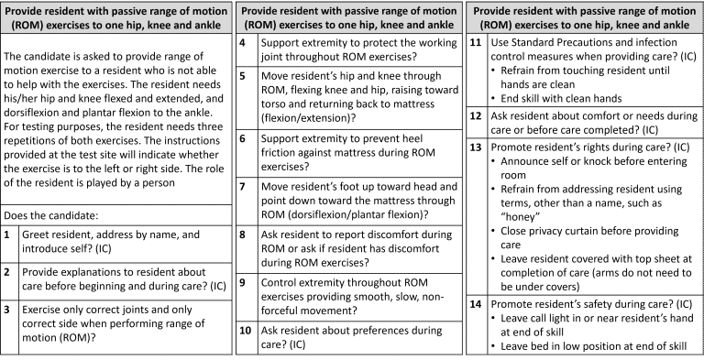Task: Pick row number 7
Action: (x=243, y=186)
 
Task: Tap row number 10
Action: (x=243, y=329)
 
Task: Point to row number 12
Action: (x=475, y=116)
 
